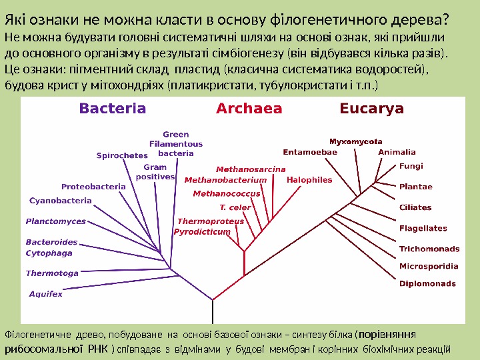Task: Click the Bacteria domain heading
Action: [113, 109]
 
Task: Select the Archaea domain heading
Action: [249, 109]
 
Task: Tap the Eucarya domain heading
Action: [372, 109]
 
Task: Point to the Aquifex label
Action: [46, 293]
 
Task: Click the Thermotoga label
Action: [52, 273]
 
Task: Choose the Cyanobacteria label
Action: [61, 201]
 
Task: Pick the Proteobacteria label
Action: [93, 187]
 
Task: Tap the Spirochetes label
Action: [122, 156]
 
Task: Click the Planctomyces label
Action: [55, 221]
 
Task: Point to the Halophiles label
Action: [309, 180]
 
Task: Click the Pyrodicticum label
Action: [202, 232]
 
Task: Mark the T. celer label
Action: [235, 207]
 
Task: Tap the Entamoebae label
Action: [310, 152]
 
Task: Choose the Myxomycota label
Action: [356, 141]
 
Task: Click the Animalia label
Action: [397, 152]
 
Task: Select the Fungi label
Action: [411, 167]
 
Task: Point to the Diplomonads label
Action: [427, 283]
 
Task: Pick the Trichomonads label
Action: [429, 249]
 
